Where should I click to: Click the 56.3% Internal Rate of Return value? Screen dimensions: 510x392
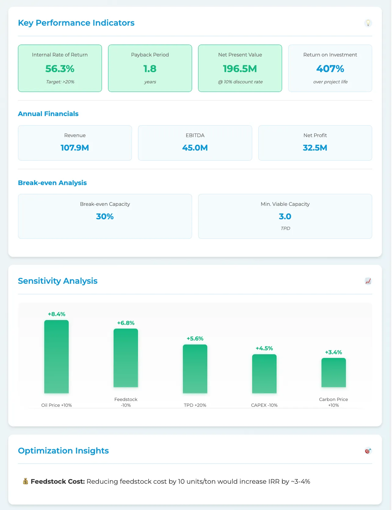(60, 69)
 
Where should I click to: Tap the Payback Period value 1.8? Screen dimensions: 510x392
(150, 69)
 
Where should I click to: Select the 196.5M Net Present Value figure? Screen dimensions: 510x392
(240, 69)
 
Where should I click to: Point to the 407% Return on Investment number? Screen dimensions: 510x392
(330, 69)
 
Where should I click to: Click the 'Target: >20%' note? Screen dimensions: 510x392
(60, 82)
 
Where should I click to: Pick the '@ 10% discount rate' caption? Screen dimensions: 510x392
(240, 82)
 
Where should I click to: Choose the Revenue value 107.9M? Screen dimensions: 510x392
(75, 148)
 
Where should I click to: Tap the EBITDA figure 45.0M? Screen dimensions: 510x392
(195, 148)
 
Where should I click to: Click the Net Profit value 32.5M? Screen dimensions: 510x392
(315, 148)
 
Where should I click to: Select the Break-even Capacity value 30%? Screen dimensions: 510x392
(105, 217)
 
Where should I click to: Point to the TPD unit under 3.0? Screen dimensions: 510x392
(285, 228)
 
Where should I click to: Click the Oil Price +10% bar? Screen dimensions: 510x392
(56, 356)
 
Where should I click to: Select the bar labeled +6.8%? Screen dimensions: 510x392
(126, 358)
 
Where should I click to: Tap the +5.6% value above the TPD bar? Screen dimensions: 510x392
(195, 339)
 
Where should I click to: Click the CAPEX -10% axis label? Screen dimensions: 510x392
(264, 405)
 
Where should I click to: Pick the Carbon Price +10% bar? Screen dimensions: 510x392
(333, 372)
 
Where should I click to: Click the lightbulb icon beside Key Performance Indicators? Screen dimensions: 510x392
(368, 23)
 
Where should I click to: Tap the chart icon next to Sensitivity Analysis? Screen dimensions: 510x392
(368, 281)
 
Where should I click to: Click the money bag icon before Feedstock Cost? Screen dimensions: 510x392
(26, 482)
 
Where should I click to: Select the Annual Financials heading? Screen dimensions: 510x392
(48, 114)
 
